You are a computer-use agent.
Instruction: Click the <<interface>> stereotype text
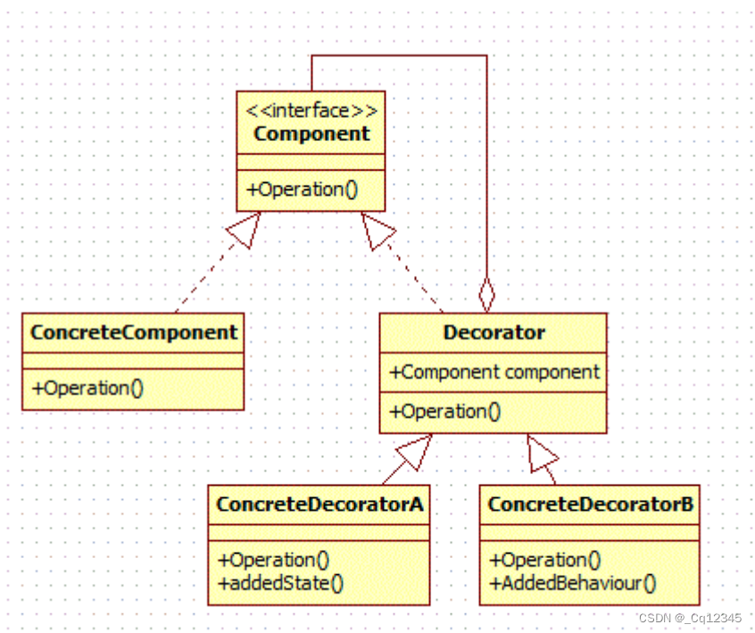click(x=311, y=111)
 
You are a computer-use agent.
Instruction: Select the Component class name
click(x=311, y=134)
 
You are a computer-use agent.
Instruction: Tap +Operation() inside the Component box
click(x=295, y=189)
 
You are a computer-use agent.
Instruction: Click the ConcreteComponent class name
click(x=134, y=333)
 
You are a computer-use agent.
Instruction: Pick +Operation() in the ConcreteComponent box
click(x=87, y=387)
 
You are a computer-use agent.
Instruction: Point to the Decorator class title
click(x=494, y=333)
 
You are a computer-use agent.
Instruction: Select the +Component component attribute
click(x=494, y=372)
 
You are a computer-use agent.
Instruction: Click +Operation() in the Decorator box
click(x=444, y=412)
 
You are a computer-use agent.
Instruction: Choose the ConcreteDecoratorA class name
click(x=319, y=504)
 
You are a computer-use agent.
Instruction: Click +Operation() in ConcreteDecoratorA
click(x=273, y=561)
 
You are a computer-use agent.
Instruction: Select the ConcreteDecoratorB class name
click(x=590, y=504)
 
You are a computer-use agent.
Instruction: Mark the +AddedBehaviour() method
click(x=573, y=584)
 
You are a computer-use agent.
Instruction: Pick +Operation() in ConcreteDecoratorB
click(x=544, y=561)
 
